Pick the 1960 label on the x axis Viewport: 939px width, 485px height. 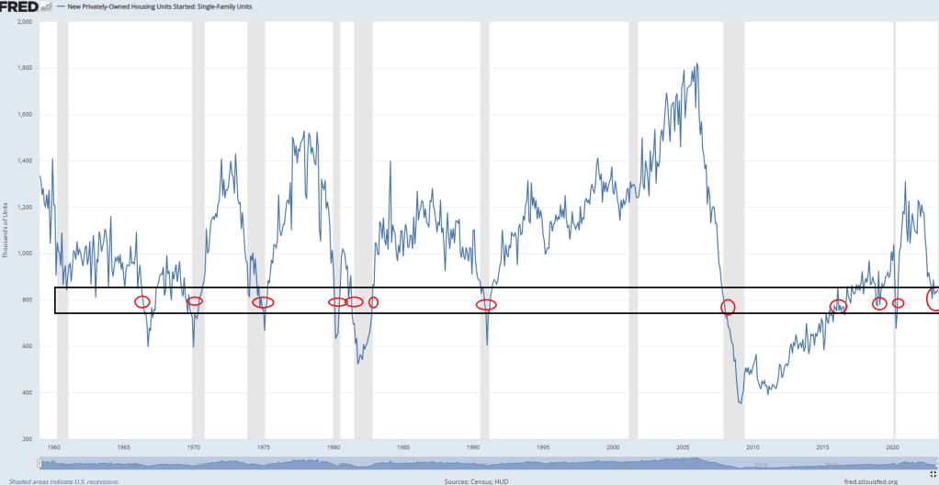click(54, 447)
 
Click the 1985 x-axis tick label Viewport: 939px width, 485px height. click(403, 447)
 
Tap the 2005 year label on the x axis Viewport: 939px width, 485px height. click(683, 447)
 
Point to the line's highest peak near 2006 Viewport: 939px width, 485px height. click(697, 64)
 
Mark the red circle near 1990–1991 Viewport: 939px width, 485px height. click(486, 304)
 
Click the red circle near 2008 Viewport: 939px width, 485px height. click(728, 307)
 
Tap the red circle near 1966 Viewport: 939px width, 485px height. click(142, 301)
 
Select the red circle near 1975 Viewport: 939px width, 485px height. click(263, 302)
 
